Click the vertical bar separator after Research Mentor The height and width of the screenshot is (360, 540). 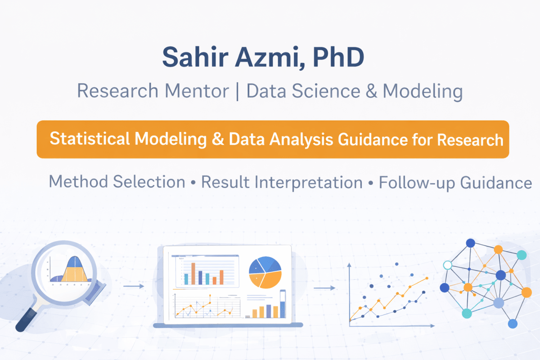tap(238, 91)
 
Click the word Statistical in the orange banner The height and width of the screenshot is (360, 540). tap(90, 139)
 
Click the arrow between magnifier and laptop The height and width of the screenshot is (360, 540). tap(134, 286)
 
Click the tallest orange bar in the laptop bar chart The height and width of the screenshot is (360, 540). tap(193, 274)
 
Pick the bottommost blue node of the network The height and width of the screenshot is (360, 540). tap(512, 324)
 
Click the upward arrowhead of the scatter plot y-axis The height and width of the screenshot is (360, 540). tap(350, 266)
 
